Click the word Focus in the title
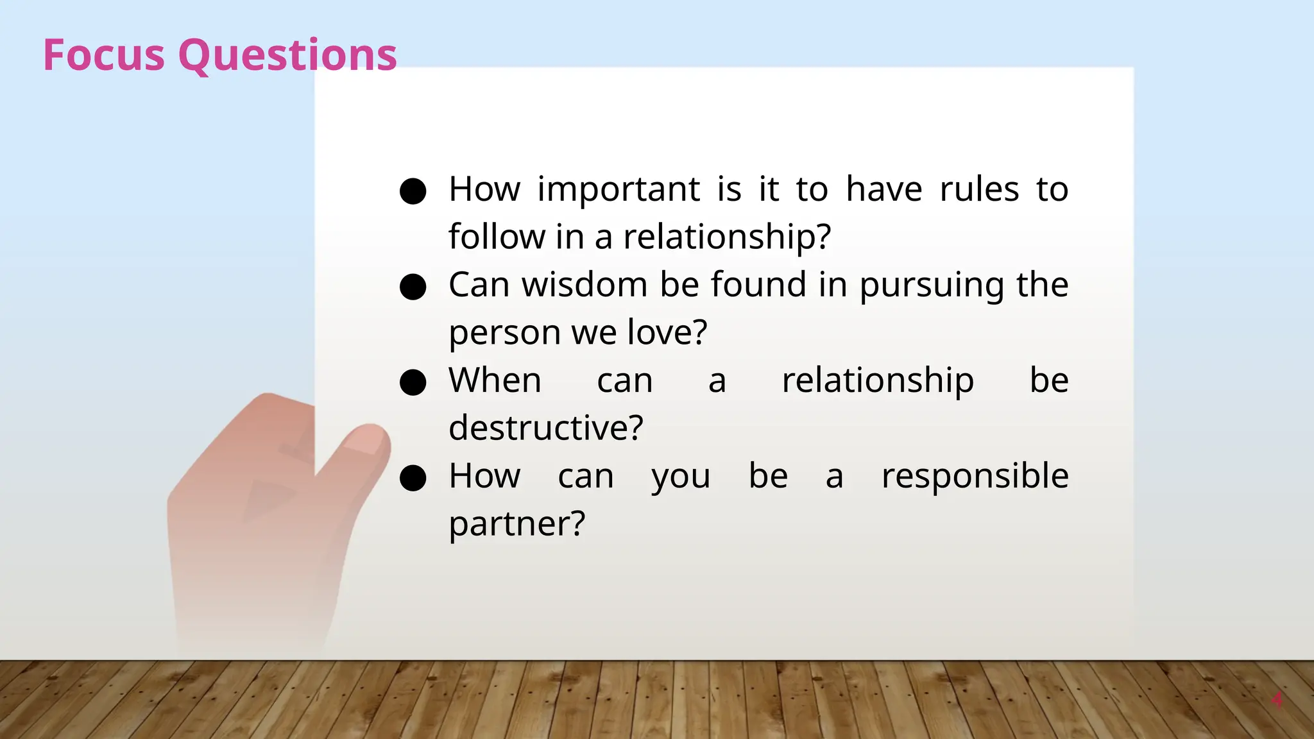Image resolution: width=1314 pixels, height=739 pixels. point(103,55)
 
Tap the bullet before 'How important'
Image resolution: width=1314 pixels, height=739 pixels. point(413,191)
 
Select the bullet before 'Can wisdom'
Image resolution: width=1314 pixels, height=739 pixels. point(413,287)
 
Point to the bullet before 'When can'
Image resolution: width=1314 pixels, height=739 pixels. point(413,382)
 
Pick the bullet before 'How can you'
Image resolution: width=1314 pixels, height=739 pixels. point(413,478)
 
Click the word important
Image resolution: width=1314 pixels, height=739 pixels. point(618,190)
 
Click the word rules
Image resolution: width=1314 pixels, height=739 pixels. point(979,190)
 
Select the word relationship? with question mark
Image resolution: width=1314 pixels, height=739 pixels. point(727,237)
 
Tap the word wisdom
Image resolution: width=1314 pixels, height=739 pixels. point(584,285)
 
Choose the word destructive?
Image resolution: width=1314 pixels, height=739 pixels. point(545,428)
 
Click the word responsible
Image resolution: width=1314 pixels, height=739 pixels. point(975,477)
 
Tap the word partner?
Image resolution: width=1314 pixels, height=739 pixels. point(516,524)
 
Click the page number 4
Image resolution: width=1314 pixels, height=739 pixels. point(1277,700)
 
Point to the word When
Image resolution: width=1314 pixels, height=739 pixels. point(495,380)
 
